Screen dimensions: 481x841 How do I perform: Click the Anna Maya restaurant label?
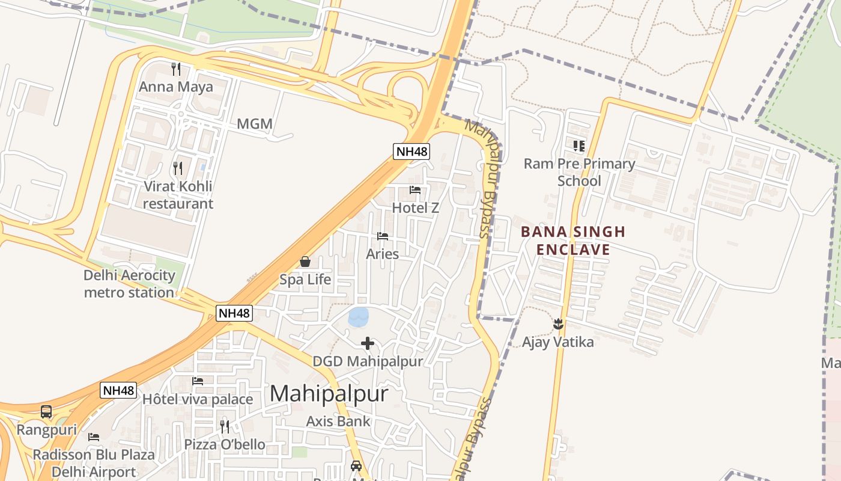click(175, 87)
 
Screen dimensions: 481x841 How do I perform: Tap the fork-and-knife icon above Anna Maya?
click(175, 69)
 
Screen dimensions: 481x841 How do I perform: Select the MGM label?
click(255, 124)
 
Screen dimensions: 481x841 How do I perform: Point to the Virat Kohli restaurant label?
click(178, 195)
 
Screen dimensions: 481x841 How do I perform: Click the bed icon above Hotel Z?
click(415, 190)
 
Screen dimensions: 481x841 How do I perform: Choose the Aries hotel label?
click(383, 254)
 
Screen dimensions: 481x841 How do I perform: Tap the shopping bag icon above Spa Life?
click(305, 262)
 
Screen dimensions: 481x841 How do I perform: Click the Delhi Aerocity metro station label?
click(129, 284)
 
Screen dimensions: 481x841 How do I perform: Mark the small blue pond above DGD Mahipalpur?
click(359, 317)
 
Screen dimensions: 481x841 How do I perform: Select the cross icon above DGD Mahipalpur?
click(368, 343)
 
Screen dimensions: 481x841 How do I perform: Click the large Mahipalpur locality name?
click(329, 394)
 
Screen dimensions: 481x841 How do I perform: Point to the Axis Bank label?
click(338, 421)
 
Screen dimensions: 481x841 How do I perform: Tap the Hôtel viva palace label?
click(198, 399)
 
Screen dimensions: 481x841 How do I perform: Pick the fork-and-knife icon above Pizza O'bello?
click(224, 426)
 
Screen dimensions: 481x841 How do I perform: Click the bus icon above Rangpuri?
click(46, 412)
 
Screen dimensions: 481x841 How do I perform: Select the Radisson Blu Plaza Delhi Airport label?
click(94, 463)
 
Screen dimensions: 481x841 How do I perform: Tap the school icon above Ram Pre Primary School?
click(579, 146)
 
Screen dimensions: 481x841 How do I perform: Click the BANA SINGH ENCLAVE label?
click(573, 240)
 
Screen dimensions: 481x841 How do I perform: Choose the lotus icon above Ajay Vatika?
click(558, 324)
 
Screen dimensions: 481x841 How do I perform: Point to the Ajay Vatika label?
click(557, 342)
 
